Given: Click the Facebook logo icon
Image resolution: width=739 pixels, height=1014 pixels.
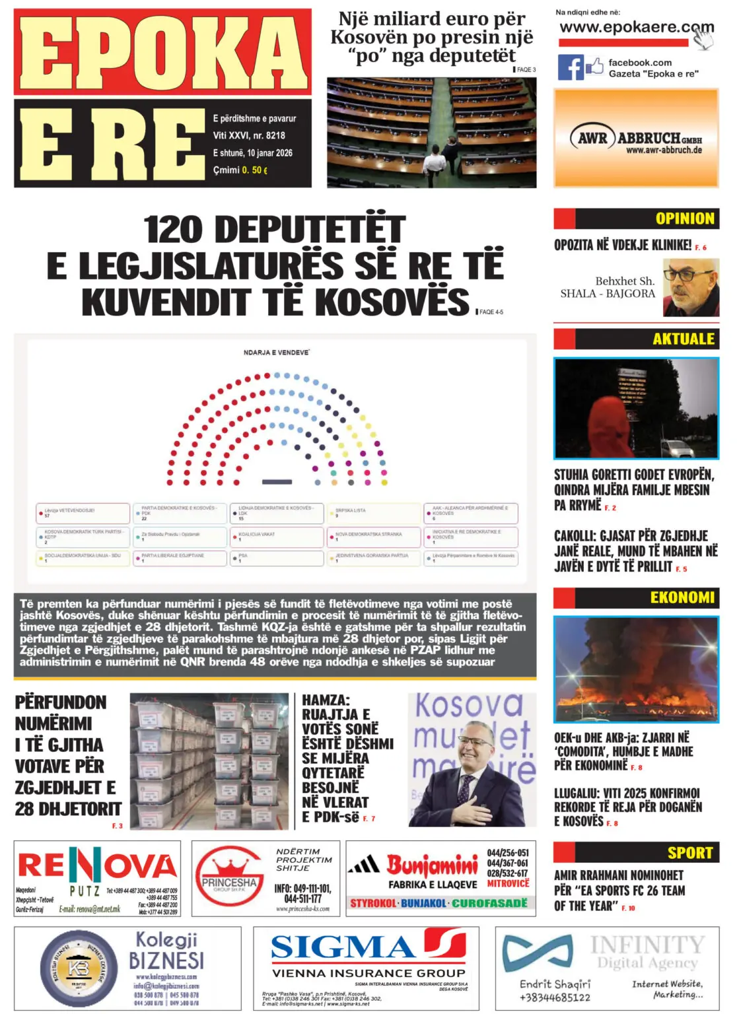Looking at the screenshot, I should (571, 67).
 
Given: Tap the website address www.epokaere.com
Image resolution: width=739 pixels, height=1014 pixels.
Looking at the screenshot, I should (636, 28).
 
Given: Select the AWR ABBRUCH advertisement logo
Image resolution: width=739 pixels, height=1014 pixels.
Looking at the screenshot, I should (635, 140).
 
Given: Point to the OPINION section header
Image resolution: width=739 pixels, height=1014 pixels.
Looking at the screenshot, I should (684, 219).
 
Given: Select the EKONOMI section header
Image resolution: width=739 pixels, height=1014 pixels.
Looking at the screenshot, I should (682, 597).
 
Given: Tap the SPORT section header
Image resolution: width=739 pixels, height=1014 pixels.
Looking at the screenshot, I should (689, 852).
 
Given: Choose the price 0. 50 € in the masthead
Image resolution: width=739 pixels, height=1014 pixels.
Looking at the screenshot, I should (254, 170).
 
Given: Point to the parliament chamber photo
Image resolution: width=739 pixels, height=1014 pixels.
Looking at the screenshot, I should (431, 132).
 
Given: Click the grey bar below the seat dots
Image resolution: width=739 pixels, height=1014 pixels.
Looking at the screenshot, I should (277, 482).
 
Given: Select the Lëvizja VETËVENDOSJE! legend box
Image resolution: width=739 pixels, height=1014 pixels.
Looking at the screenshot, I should (83, 513).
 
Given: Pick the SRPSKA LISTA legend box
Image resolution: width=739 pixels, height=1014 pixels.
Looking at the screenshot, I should (373, 513).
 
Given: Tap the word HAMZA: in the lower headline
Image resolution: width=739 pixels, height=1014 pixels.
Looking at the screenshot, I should (326, 700).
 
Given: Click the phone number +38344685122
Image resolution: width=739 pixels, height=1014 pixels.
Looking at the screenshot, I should (555, 997).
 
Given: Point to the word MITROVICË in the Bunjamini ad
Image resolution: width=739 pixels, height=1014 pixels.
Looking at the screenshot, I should (508, 883).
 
